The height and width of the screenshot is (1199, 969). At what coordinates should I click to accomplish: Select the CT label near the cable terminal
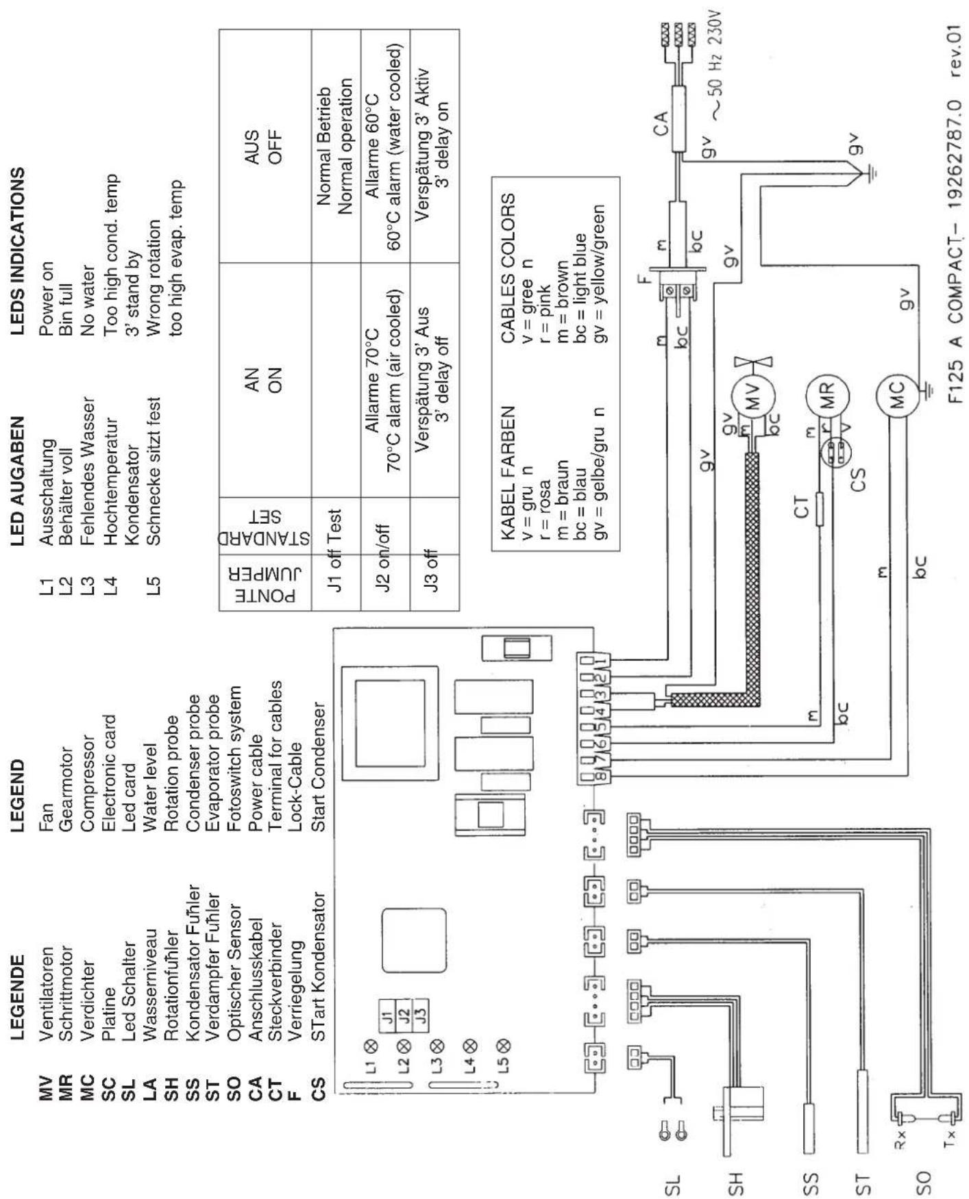tap(801, 506)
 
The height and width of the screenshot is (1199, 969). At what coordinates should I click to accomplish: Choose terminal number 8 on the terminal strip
tap(600, 776)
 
